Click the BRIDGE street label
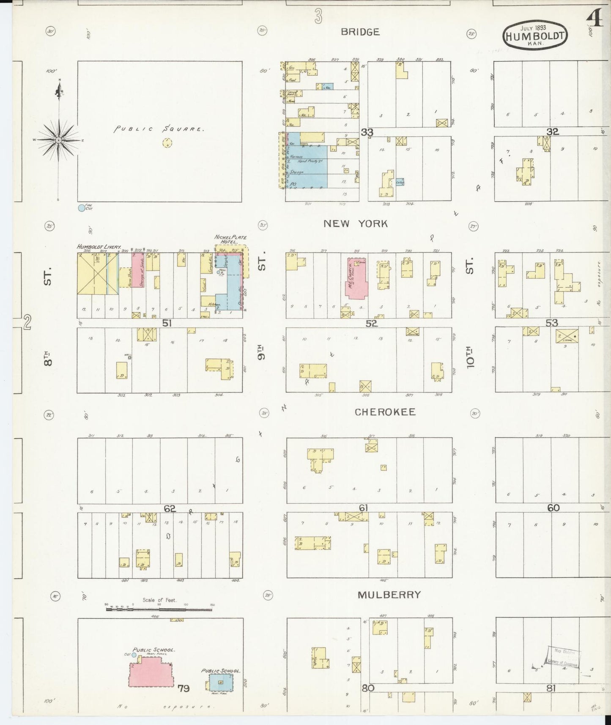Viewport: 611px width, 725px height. [360, 32]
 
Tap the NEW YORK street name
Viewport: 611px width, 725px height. [355, 224]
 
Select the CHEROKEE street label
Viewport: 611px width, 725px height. [385, 412]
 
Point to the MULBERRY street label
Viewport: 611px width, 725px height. [389, 595]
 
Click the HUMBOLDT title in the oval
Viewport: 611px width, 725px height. [535, 36]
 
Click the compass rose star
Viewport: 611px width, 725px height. [59, 140]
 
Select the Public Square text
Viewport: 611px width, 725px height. [159, 129]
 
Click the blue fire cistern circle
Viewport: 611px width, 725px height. [81, 208]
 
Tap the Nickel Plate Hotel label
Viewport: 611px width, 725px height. [230, 240]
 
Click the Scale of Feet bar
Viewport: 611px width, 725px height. [159, 609]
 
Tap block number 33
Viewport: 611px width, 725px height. [367, 133]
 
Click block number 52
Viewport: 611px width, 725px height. [371, 324]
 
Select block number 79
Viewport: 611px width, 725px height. [184, 689]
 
